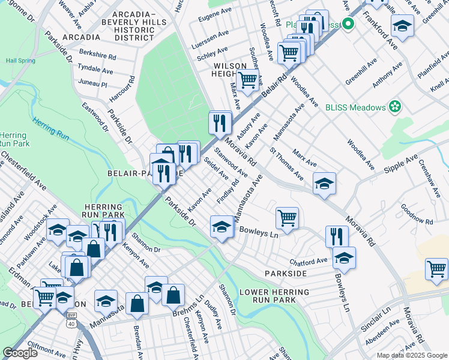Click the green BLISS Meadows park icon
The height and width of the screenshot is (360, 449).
click(x=394, y=107)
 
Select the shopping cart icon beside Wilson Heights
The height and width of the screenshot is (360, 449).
click(x=247, y=80)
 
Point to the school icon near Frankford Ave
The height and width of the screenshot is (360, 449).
click(x=402, y=26)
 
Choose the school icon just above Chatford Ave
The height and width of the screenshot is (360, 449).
click(x=344, y=257)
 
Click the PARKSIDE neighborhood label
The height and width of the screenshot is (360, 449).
click(x=286, y=274)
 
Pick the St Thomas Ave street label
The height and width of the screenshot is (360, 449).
click(x=286, y=163)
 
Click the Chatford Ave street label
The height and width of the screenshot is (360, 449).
click(x=309, y=261)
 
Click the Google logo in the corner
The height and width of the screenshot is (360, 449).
click(x=20, y=353)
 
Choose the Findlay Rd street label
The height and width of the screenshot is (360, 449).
click(x=228, y=190)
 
